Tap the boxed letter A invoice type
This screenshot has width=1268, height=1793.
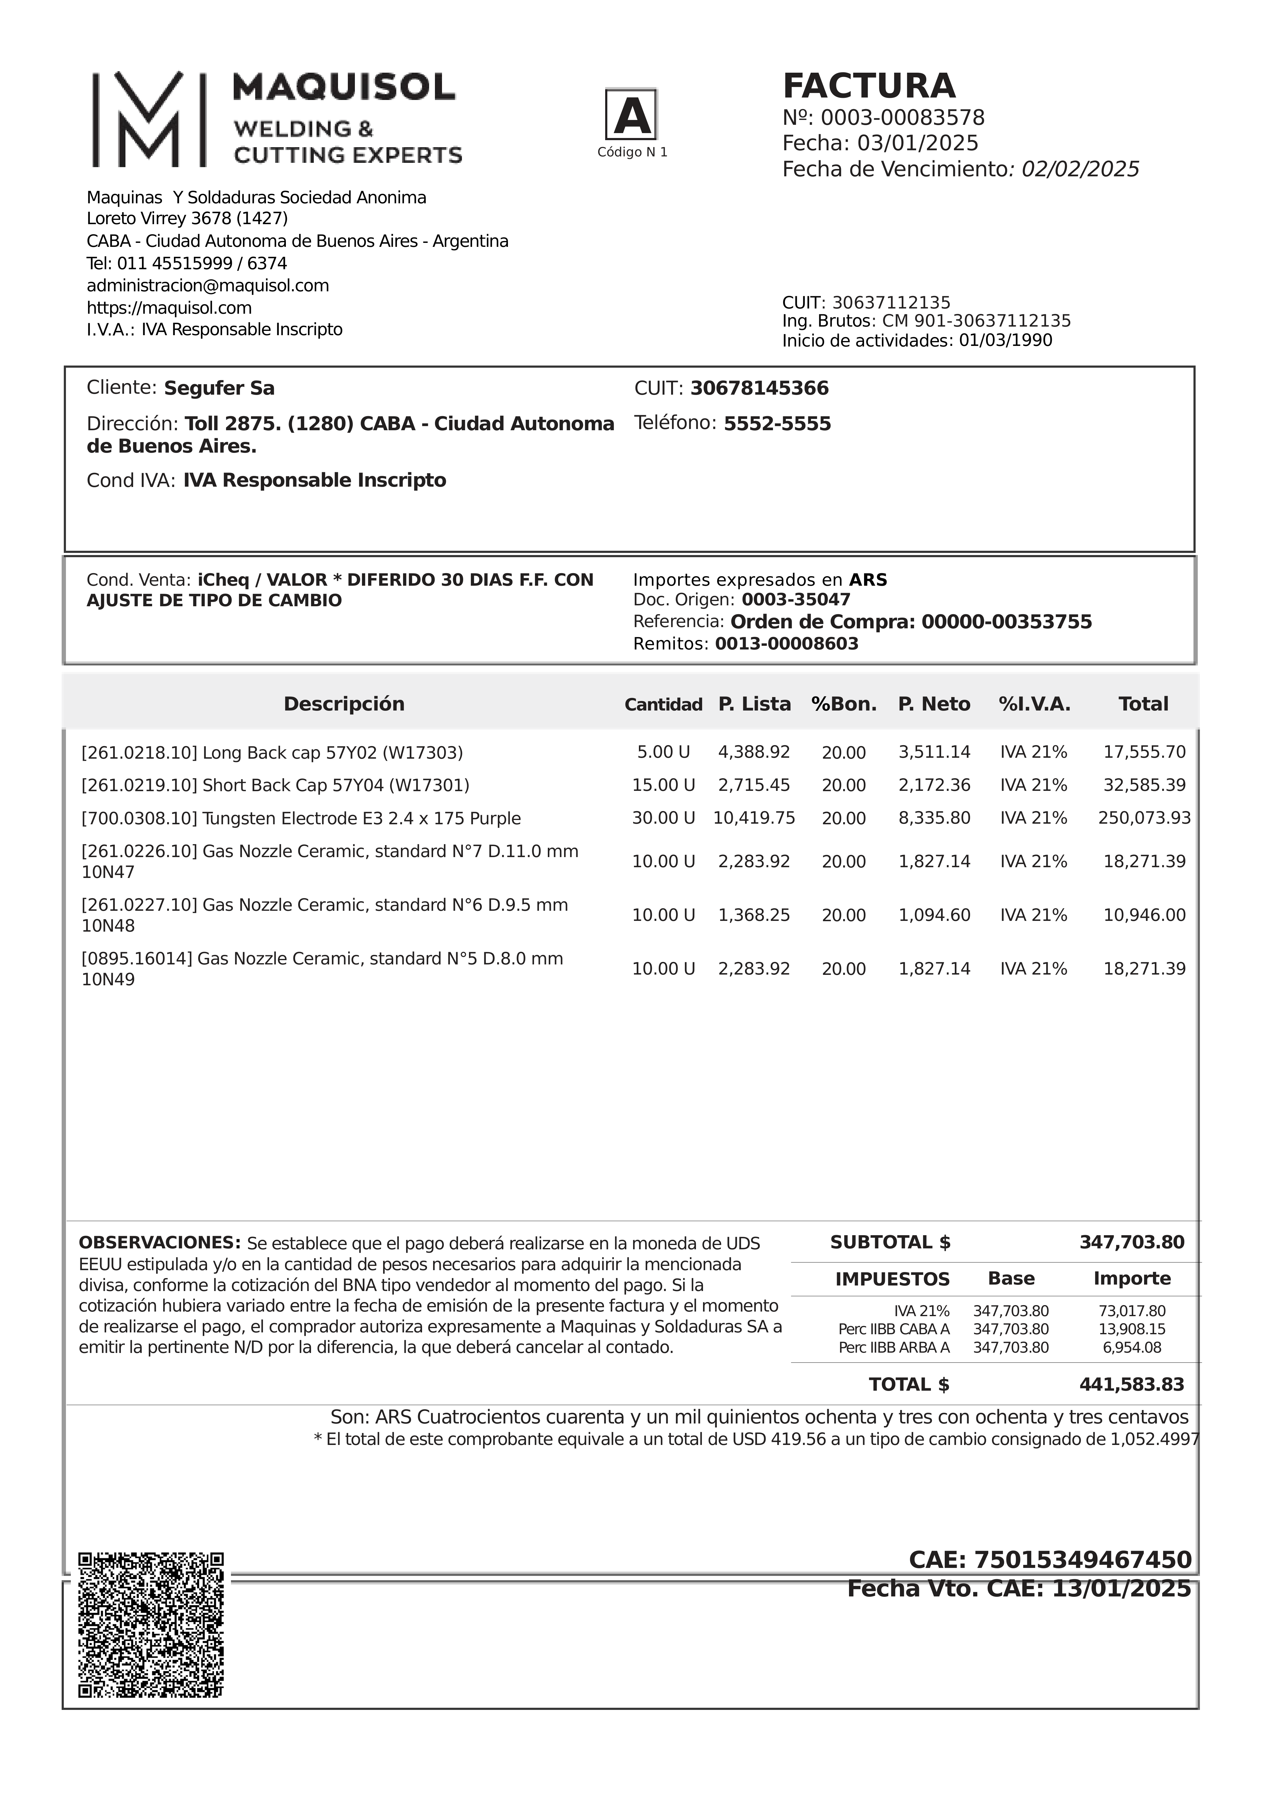coord(631,115)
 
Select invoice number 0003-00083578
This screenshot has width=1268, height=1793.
coord(902,118)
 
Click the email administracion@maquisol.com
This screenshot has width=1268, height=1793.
coord(208,286)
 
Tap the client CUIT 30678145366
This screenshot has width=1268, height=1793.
coord(759,388)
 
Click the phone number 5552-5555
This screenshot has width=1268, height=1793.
coord(777,424)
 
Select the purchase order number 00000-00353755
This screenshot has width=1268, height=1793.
coord(1006,623)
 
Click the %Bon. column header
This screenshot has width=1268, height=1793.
coord(844,704)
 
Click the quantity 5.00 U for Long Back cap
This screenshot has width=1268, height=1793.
coord(663,752)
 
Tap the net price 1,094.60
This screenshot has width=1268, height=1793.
coord(934,915)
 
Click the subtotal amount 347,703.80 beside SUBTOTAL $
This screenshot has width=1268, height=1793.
coord(1131,1243)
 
